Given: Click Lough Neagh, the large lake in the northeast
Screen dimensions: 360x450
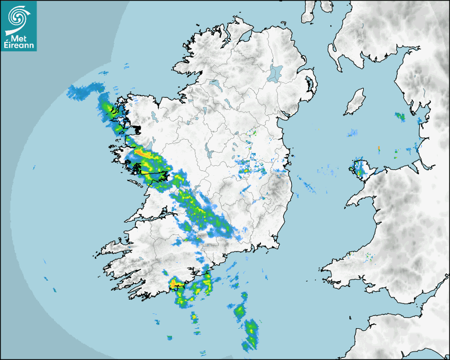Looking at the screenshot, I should [276, 73].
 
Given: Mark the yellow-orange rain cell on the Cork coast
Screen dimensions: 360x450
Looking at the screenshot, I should [174, 284].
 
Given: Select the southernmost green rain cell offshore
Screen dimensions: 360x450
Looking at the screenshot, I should [251, 334].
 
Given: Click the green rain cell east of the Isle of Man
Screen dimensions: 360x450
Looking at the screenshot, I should [400, 116].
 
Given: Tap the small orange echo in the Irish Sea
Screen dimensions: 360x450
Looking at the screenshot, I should [380, 148].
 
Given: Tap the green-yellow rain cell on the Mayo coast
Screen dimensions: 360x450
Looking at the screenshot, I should [109, 111].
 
